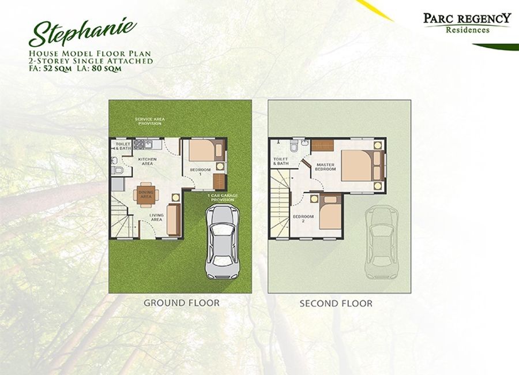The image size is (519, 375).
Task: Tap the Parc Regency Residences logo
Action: (x=467, y=23)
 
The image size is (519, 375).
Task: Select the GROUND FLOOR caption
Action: (x=182, y=303)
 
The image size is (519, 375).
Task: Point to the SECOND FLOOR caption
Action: (x=336, y=303)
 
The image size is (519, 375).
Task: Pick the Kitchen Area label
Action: (x=147, y=162)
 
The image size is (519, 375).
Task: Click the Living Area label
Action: (x=156, y=217)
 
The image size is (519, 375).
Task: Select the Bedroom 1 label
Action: (x=200, y=171)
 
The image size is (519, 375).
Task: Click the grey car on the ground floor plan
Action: (x=222, y=242)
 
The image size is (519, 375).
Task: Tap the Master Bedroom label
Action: (x=325, y=167)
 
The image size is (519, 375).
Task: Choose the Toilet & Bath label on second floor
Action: (x=281, y=162)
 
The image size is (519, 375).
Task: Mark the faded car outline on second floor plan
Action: (x=381, y=242)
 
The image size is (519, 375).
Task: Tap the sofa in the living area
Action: (x=174, y=219)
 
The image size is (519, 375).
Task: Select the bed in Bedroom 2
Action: (x=330, y=211)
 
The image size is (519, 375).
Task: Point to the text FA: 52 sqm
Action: (x=50, y=69)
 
